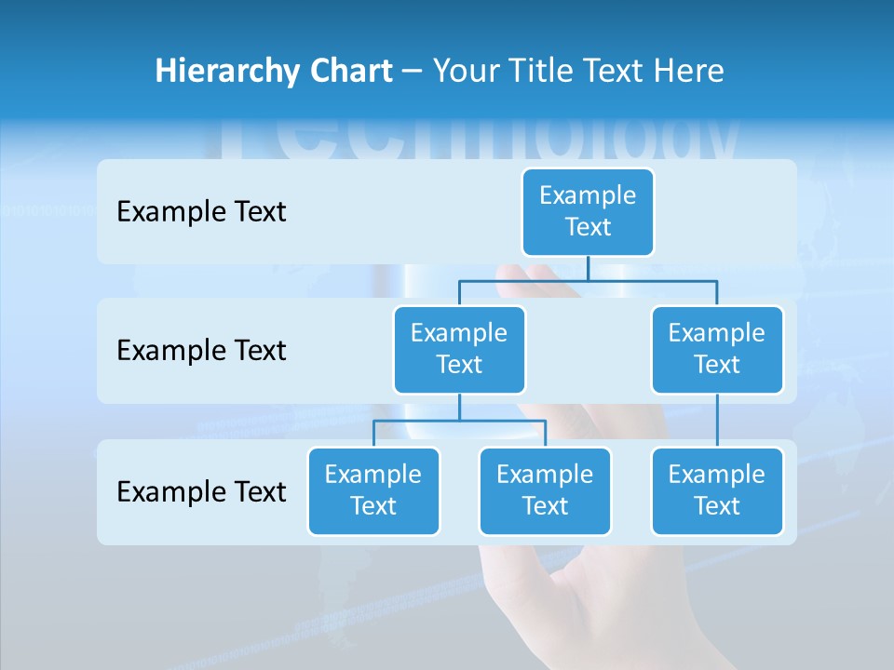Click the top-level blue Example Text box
pos(588,211)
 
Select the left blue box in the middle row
pos(459,349)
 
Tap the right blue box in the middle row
pos(717,349)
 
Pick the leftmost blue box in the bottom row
pos(373,490)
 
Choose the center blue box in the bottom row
pos(545,490)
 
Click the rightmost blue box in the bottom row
pos(717,490)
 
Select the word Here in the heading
pos(687,71)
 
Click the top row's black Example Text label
pos(201,212)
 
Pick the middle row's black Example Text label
pos(201,351)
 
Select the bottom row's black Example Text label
pos(201,491)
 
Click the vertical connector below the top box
pos(588,268)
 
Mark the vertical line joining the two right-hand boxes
pos(717,421)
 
